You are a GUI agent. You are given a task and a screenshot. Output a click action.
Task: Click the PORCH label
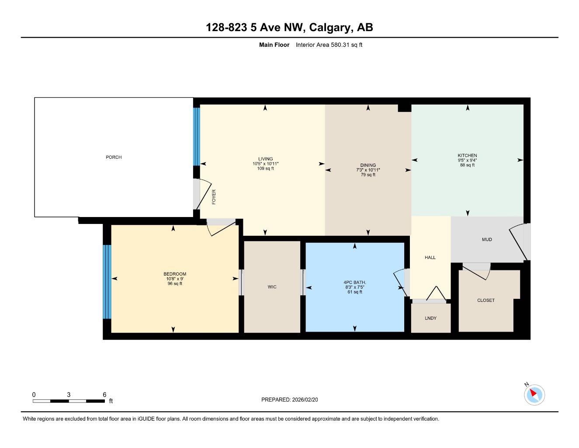tap(114, 157)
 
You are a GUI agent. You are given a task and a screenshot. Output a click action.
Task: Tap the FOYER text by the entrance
tap(214, 197)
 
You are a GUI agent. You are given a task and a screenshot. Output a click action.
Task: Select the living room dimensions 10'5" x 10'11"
tap(265, 164)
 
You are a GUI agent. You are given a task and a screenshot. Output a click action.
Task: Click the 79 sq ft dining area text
tap(368, 175)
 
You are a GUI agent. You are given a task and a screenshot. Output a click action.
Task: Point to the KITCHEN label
tap(467, 155)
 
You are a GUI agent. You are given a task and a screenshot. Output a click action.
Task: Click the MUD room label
tap(487, 239)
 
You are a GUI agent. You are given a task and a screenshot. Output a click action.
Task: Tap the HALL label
tap(430, 258)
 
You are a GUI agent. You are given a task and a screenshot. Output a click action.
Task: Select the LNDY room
tap(430, 318)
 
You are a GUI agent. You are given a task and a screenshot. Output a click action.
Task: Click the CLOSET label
tap(486, 300)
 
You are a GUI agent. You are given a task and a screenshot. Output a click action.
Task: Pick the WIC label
tap(272, 287)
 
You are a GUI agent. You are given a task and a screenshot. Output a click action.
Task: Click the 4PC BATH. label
tap(354, 283)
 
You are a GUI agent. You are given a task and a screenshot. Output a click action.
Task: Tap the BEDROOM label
tap(175, 274)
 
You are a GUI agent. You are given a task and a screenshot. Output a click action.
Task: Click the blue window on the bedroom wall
tap(107, 281)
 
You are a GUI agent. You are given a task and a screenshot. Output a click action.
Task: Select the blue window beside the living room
tap(196, 136)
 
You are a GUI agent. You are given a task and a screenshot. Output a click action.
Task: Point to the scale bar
tap(69, 401)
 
